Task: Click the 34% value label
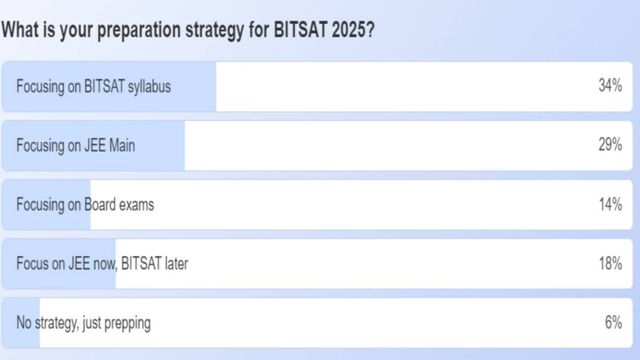coord(610,86)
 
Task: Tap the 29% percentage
coord(610,145)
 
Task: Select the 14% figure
coord(610,204)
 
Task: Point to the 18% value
coord(610,263)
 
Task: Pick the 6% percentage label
coord(614,323)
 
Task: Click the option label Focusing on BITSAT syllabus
coord(93,86)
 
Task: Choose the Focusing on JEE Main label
coord(75,146)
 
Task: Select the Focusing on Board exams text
coord(85,205)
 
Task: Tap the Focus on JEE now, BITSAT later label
coord(102,263)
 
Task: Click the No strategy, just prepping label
coord(83,323)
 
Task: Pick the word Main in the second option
coord(122,146)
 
